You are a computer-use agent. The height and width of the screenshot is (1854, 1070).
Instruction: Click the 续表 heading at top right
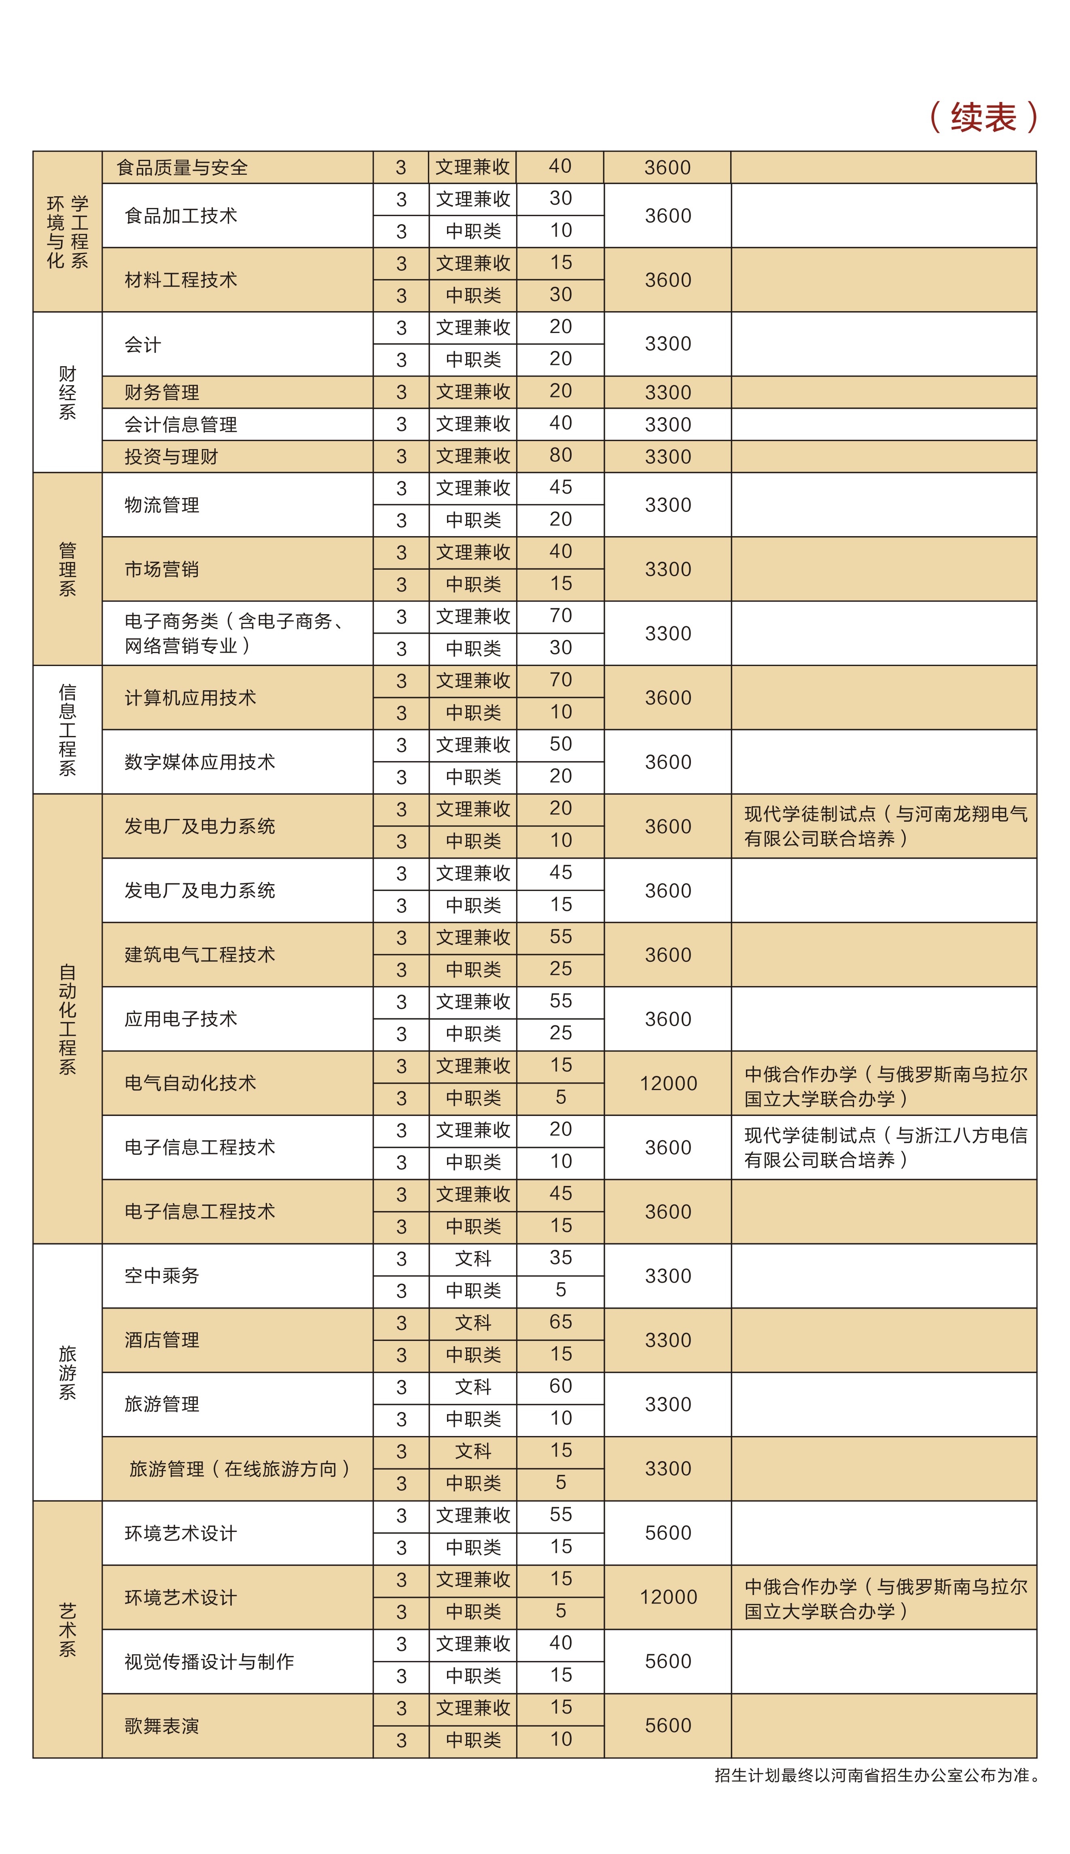pyautogui.click(x=983, y=118)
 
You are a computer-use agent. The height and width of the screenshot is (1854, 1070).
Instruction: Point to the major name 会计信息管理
pyautogui.click(x=181, y=425)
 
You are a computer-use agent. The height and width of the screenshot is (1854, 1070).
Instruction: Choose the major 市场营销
pyautogui.click(x=162, y=569)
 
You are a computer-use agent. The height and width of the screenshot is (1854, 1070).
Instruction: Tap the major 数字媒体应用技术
pyautogui.click(x=200, y=762)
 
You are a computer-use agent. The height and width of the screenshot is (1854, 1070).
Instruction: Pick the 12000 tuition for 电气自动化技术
pyautogui.click(x=668, y=1083)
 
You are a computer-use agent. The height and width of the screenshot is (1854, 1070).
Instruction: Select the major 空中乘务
pyautogui.click(x=162, y=1276)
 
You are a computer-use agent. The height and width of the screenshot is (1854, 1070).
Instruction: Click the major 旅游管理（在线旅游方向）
pyautogui.click(x=239, y=1469)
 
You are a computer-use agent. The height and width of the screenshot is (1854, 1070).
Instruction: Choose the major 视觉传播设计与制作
pyautogui.click(x=210, y=1661)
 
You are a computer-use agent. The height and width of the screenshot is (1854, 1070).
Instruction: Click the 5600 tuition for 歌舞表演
pyautogui.click(x=668, y=1725)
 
